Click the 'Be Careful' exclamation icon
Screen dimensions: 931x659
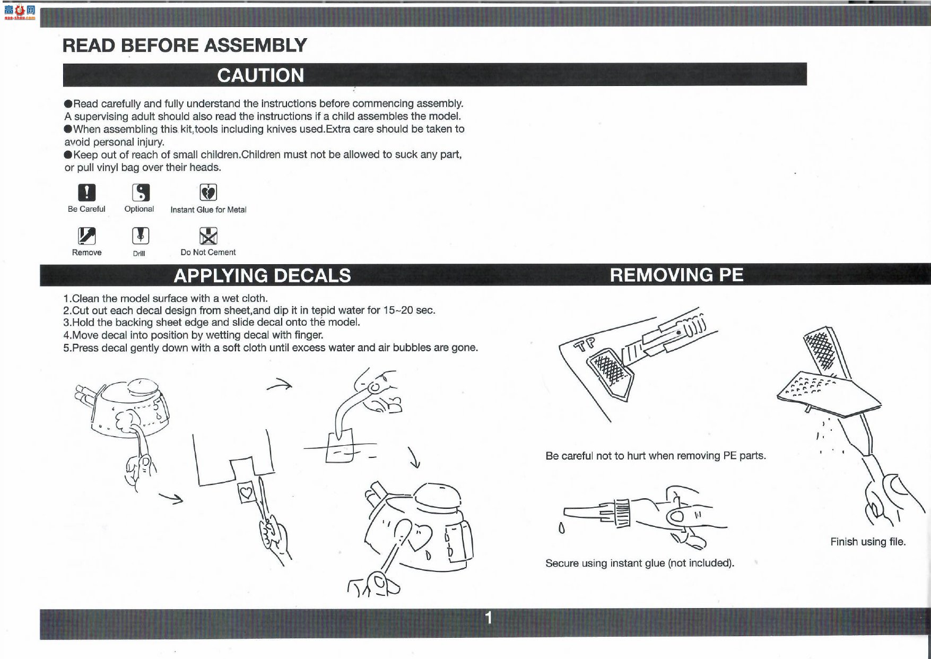click(87, 192)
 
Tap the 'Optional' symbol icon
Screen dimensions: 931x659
click(141, 192)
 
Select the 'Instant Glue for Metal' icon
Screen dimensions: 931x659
click(208, 192)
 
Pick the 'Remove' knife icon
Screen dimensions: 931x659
click(86, 235)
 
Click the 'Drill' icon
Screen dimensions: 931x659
click(141, 235)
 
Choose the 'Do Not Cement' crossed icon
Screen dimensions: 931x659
click(208, 235)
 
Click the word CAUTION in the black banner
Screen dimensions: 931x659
click(260, 75)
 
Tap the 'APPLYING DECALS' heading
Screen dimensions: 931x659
click(263, 275)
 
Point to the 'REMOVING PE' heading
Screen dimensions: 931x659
click(676, 275)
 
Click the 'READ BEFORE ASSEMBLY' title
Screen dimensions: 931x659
click(185, 45)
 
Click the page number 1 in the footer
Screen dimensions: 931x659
click(489, 618)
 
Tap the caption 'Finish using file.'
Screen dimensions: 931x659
click(868, 542)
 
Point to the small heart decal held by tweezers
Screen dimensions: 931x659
click(247, 493)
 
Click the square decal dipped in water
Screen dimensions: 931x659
click(341, 447)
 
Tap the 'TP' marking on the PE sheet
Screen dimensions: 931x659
click(587, 344)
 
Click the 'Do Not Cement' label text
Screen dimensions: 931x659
click(208, 253)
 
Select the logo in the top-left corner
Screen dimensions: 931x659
click(19, 12)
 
